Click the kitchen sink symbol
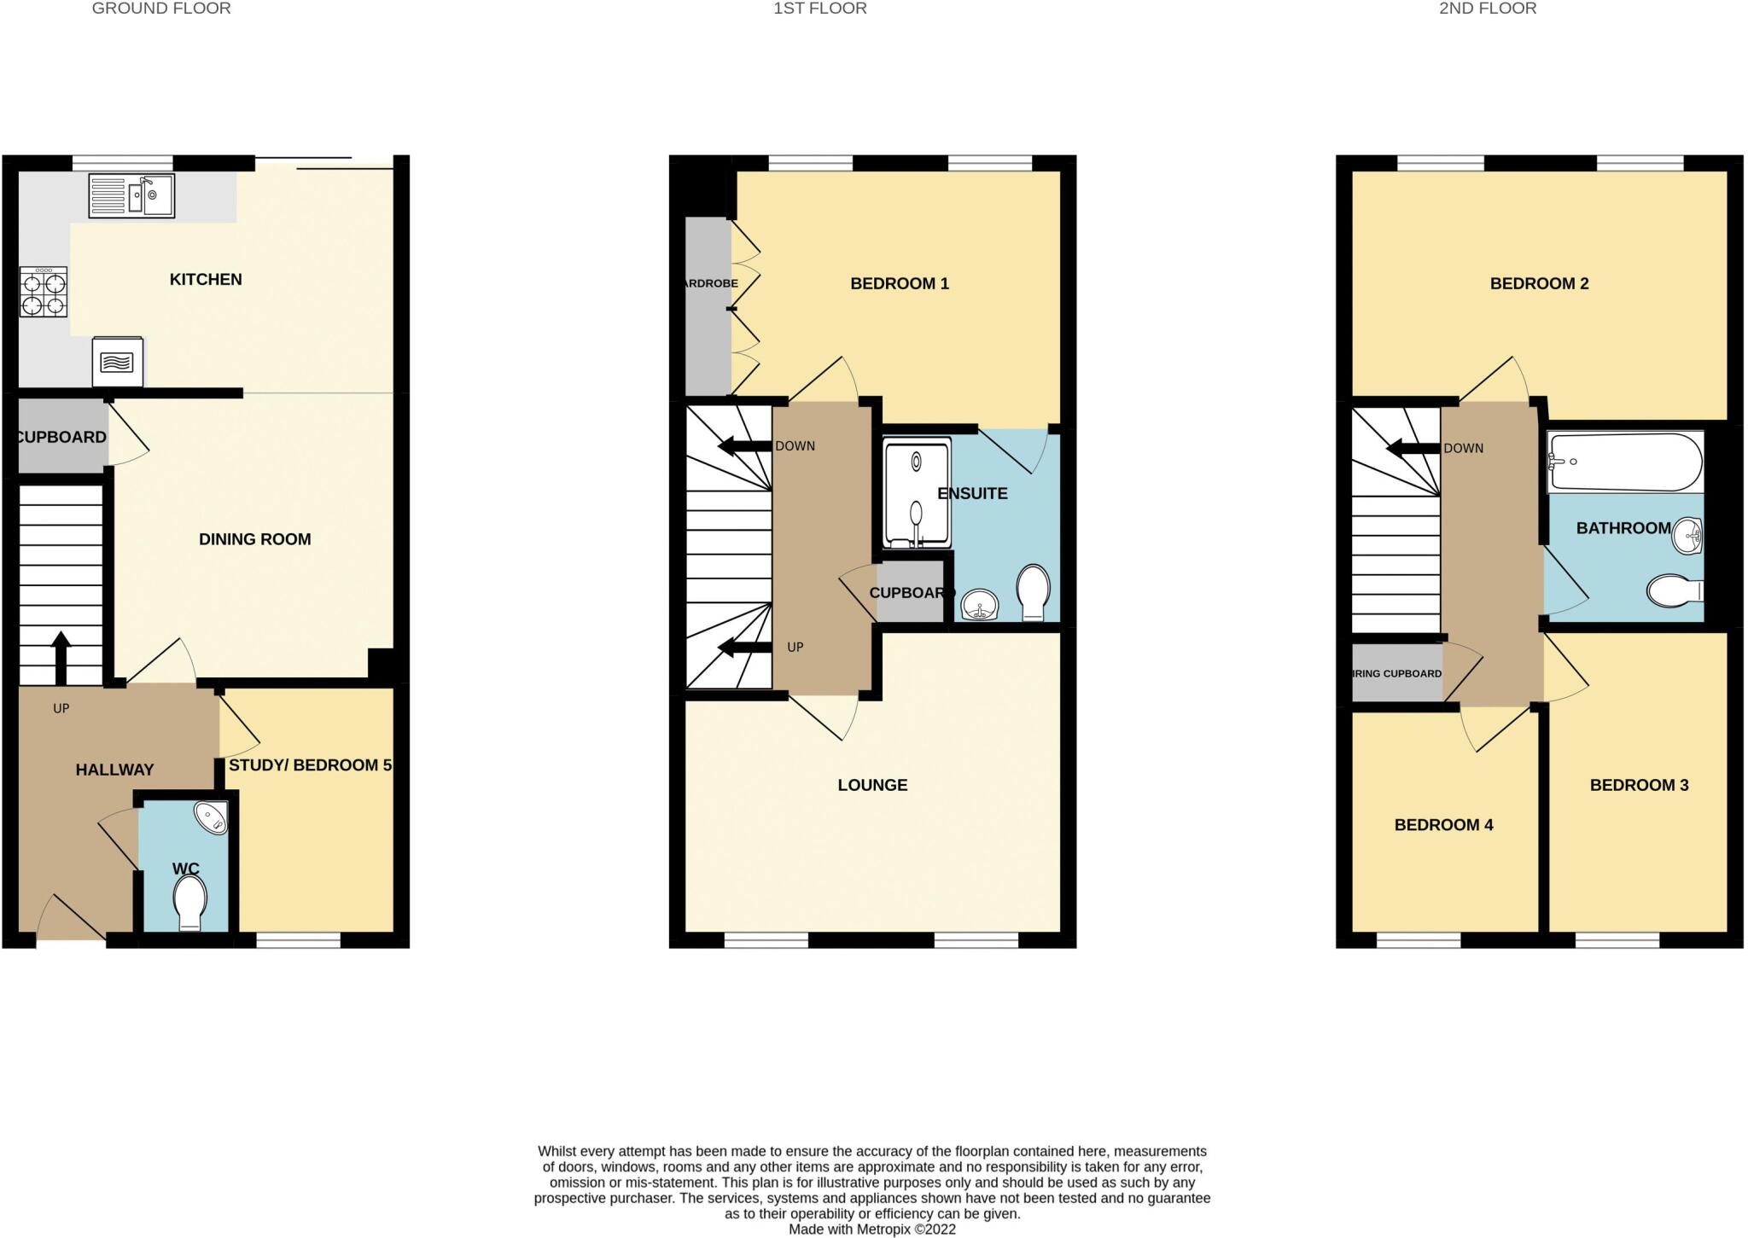[131, 196]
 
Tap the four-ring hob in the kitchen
[44, 292]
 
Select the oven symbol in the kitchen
[118, 362]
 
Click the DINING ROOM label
[254, 539]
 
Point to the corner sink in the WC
[212, 819]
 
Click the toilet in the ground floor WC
[189, 903]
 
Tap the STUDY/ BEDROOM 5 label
[310, 765]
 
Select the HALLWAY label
[114, 770]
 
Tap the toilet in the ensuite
[1034, 591]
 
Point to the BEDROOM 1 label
[900, 284]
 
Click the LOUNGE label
[872, 785]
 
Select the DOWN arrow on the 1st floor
[744, 446]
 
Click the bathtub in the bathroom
[1625, 462]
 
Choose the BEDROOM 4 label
[1443, 825]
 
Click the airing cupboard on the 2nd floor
[1397, 673]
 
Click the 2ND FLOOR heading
[1488, 9]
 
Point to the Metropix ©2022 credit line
[871, 1229]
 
